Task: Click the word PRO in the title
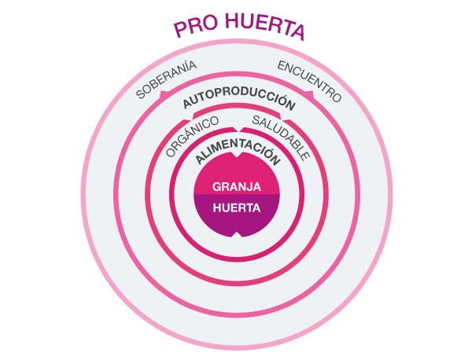pos(193,29)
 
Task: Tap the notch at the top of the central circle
pos(237,157)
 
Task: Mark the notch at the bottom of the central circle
pos(237,237)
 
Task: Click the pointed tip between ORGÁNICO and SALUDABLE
pos(237,127)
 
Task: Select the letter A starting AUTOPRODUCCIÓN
pos(186,103)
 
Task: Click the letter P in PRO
pos(180,29)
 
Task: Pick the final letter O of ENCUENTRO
pos(336,98)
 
